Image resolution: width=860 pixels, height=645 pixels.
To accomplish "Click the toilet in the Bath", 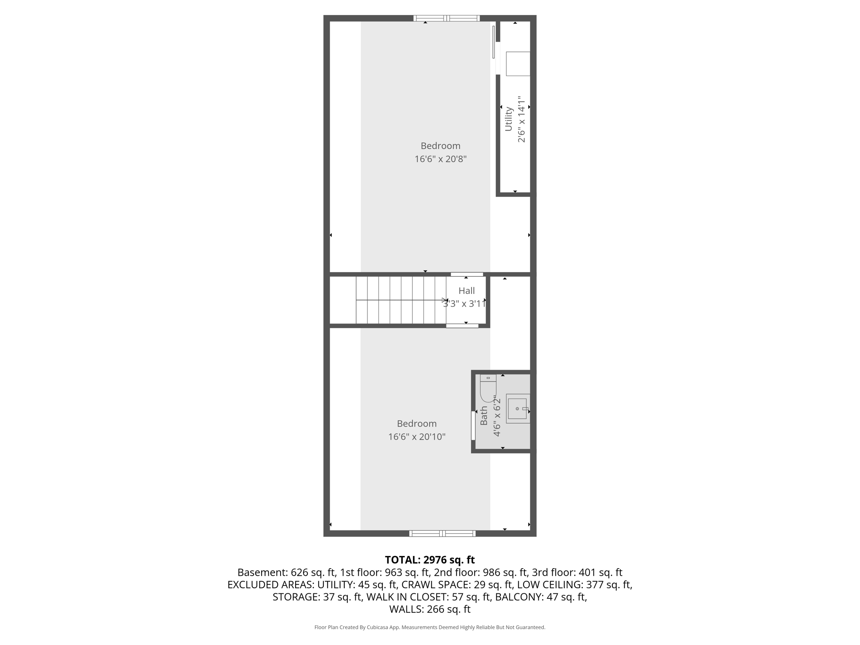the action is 488,388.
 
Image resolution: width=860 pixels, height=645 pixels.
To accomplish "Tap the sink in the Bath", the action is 518,409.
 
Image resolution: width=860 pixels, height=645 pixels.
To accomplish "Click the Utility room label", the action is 509,119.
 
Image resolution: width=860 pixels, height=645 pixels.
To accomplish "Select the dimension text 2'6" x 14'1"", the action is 521,119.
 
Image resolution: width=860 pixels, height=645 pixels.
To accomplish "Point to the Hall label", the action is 467,291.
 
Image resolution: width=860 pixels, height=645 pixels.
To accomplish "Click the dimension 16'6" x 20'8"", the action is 440,159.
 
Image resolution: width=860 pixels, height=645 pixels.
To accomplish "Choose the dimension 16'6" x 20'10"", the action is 417,437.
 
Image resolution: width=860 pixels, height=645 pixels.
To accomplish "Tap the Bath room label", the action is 484,415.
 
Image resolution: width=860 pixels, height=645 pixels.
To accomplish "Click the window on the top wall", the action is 446,18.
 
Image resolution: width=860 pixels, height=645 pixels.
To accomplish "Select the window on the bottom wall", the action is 443,533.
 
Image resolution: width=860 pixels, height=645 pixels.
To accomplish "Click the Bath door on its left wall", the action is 473,425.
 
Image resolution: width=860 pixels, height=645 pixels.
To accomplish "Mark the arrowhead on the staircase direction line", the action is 445,300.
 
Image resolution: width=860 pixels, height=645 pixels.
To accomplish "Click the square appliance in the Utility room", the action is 518,64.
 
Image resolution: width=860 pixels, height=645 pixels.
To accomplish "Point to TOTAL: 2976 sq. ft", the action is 430,560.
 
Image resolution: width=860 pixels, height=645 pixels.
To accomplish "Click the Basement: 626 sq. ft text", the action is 286,572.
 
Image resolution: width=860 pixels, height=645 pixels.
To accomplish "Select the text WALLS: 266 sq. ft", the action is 430,609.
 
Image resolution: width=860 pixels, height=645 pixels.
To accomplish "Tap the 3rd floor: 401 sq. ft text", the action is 577,572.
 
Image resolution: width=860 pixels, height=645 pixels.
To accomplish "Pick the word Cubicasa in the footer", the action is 377,627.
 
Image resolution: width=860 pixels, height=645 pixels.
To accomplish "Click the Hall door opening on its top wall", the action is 467,274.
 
